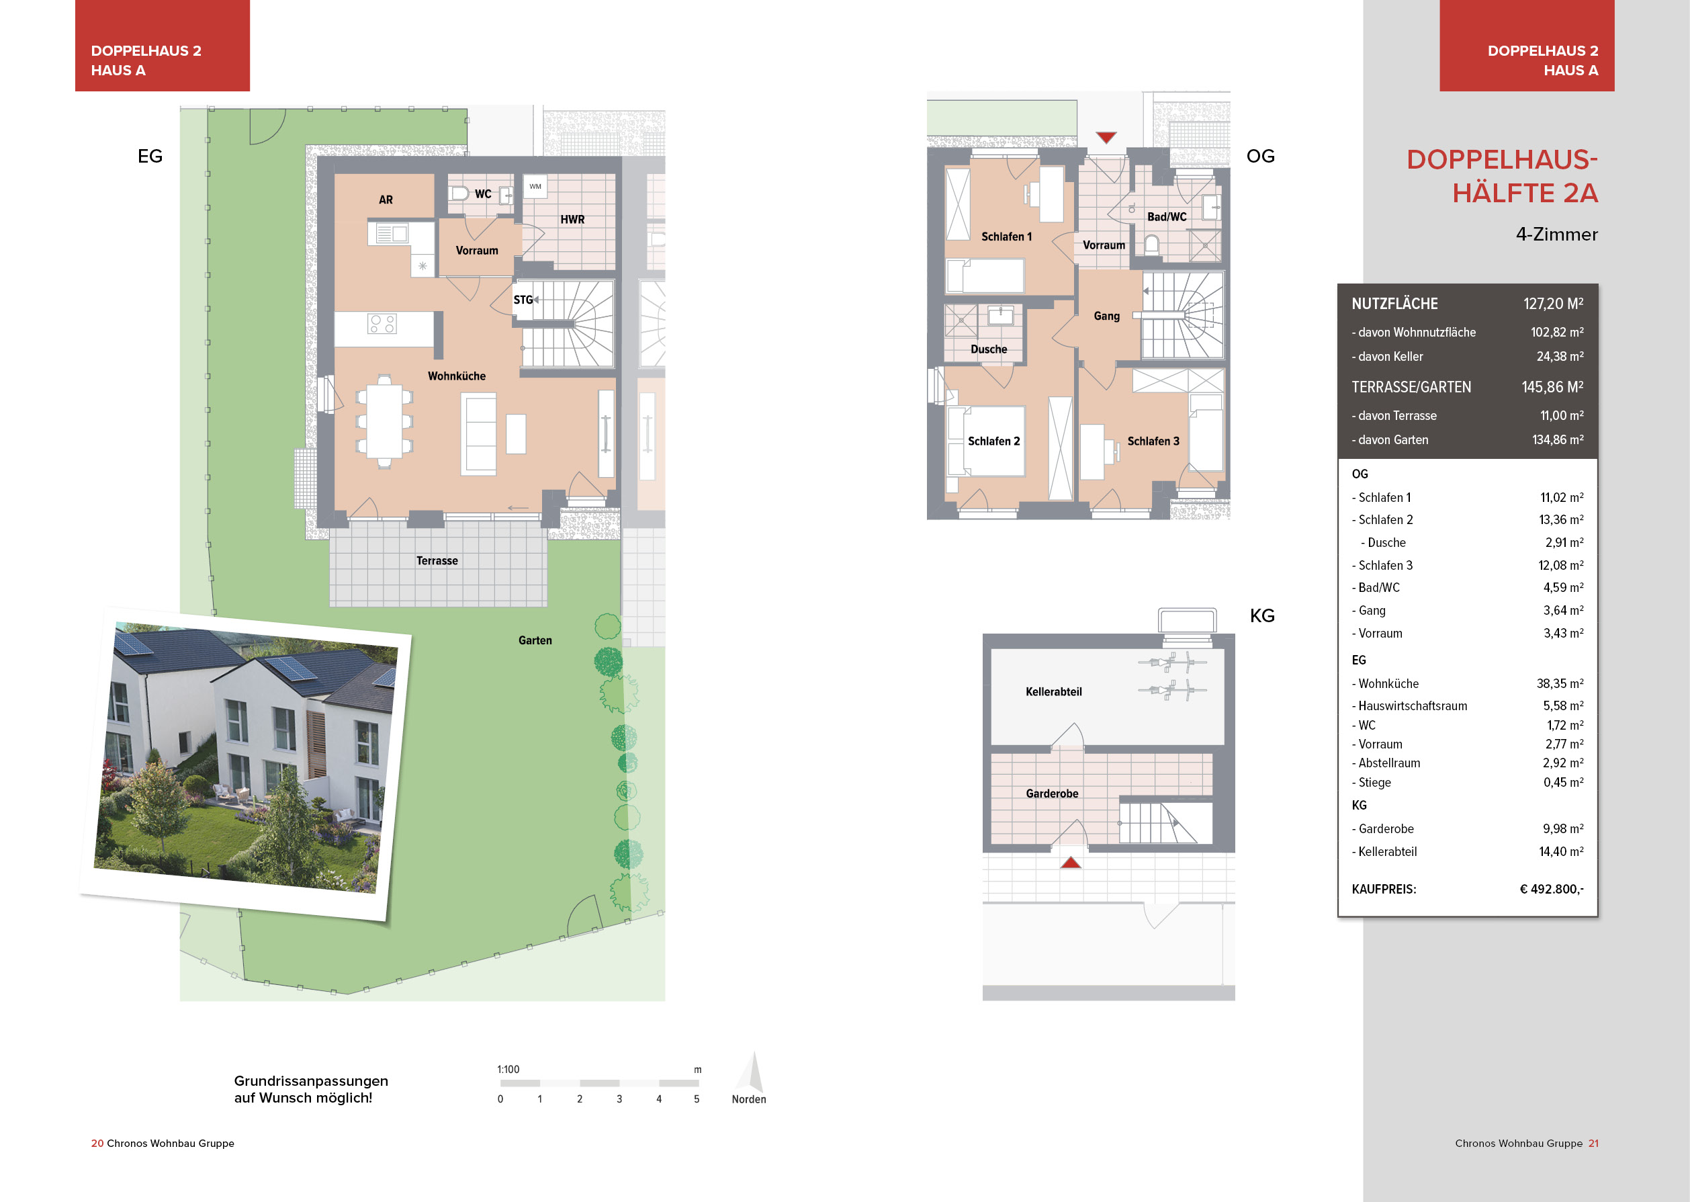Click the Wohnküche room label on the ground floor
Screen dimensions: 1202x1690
point(457,376)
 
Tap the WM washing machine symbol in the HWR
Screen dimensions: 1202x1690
point(535,187)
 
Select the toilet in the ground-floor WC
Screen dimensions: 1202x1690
point(459,194)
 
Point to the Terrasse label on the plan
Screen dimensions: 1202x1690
point(437,561)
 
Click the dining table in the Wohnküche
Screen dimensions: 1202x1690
point(384,422)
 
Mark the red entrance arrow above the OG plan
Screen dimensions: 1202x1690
point(1106,138)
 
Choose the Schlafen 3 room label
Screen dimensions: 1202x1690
point(1153,441)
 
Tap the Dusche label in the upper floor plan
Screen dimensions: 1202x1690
point(989,349)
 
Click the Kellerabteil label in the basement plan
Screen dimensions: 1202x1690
point(1053,692)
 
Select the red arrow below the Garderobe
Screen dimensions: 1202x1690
point(1070,862)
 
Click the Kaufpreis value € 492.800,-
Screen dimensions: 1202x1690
point(1551,889)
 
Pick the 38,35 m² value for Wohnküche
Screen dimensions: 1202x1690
point(1560,684)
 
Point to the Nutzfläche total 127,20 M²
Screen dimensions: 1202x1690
point(1552,304)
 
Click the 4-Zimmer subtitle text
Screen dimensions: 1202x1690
point(1556,234)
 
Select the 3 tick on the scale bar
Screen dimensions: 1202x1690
point(619,1099)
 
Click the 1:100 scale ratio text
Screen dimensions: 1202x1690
point(508,1070)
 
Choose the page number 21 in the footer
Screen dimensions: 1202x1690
point(1593,1144)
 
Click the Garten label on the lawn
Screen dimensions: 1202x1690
point(535,640)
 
